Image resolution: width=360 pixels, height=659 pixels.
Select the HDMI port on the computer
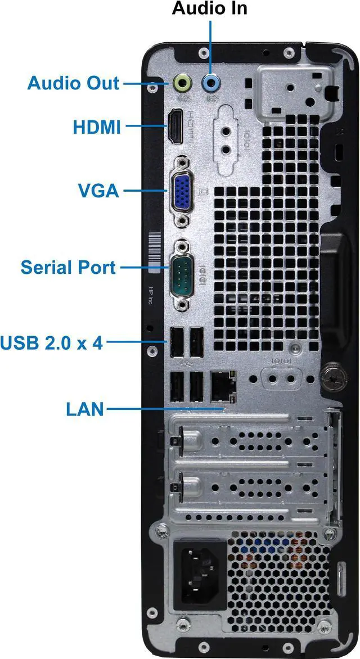tap(176, 126)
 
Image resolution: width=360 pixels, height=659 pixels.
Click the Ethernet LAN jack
tap(223, 386)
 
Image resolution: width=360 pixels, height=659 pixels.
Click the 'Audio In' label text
tap(210, 8)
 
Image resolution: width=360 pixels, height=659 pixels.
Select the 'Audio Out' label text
tap(73, 83)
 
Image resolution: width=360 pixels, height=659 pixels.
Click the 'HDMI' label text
tap(97, 127)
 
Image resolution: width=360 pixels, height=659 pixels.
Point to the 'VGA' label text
tap(99, 191)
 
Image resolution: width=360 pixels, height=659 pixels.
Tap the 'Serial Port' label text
tap(68, 267)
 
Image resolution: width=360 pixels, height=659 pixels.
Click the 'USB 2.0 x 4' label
tap(51, 342)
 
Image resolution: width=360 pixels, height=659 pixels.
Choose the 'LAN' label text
tap(85, 409)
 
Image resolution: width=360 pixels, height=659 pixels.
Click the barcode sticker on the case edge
tap(155, 251)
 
